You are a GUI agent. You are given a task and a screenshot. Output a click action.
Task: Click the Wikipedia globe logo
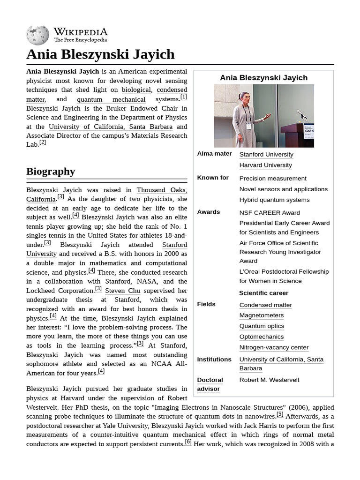(37, 35)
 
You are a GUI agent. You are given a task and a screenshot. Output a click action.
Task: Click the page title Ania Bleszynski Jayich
(100, 54)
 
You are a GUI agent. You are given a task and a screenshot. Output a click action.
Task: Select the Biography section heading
(51, 171)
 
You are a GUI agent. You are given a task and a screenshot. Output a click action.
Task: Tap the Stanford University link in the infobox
(266, 154)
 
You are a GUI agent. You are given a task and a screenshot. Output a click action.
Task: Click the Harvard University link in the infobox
(265, 165)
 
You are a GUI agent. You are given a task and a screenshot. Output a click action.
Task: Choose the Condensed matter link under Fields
(265, 305)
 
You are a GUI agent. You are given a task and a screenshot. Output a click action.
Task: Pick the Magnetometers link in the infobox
(261, 315)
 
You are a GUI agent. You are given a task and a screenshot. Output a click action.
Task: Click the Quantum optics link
(262, 326)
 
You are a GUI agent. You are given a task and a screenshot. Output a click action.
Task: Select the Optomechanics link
(262, 337)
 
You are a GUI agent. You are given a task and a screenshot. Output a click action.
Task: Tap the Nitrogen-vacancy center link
(274, 347)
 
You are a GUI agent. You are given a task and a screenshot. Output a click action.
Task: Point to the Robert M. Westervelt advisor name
(269, 380)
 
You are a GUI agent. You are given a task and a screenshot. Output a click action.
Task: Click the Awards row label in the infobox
(209, 212)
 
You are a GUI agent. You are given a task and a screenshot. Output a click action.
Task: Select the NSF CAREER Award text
(270, 212)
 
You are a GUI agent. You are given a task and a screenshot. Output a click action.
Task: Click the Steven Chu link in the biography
(122, 290)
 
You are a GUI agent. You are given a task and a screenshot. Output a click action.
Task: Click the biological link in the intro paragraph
(136, 90)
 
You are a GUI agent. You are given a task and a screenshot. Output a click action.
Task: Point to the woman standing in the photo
(244, 119)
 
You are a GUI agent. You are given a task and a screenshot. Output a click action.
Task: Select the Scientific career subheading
(263, 293)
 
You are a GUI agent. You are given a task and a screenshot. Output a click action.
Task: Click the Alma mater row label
(214, 154)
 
